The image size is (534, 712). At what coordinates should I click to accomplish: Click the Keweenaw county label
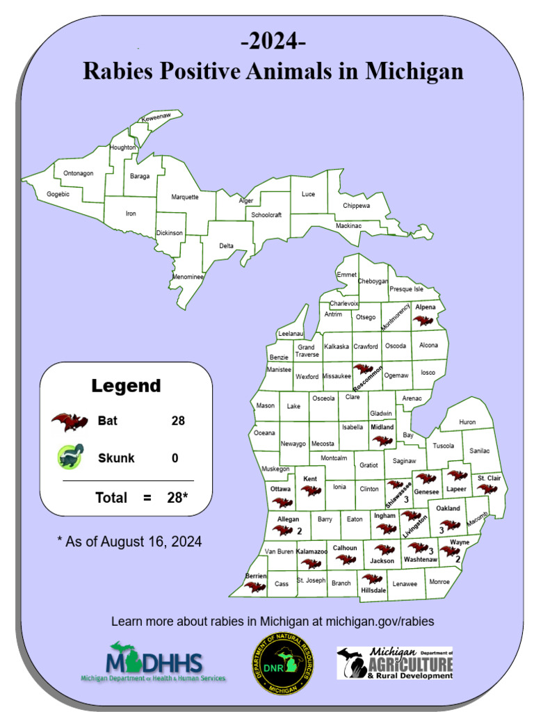click(x=156, y=119)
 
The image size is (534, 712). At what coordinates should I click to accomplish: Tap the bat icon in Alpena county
click(x=423, y=321)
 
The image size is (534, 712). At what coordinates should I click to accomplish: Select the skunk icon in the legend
click(x=71, y=456)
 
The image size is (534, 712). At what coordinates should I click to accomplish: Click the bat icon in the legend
click(x=70, y=421)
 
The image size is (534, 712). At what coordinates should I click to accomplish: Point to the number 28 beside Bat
click(x=178, y=421)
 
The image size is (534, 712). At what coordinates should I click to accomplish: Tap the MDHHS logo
click(x=154, y=663)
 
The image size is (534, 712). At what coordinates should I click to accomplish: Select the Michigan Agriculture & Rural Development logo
click(x=395, y=663)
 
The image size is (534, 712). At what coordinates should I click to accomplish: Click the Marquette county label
click(x=185, y=197)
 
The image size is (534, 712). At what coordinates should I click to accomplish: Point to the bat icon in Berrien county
click(x=255, y=587)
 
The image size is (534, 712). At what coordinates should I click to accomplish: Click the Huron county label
click(x=467, y=422)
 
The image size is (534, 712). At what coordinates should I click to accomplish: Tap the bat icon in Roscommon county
click(x=362, y=369)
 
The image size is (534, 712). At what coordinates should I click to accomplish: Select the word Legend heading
click(x=126, y=386)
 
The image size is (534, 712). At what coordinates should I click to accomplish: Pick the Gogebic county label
click(x=58, y=194)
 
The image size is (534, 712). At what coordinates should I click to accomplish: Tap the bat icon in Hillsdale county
click(x=372, y=578)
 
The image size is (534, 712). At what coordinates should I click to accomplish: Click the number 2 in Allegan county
click(x=299, y=531)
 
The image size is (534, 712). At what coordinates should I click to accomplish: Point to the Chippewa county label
click(x=357, y=206)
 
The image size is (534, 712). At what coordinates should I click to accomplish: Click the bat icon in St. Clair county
click(x=487, y=489)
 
